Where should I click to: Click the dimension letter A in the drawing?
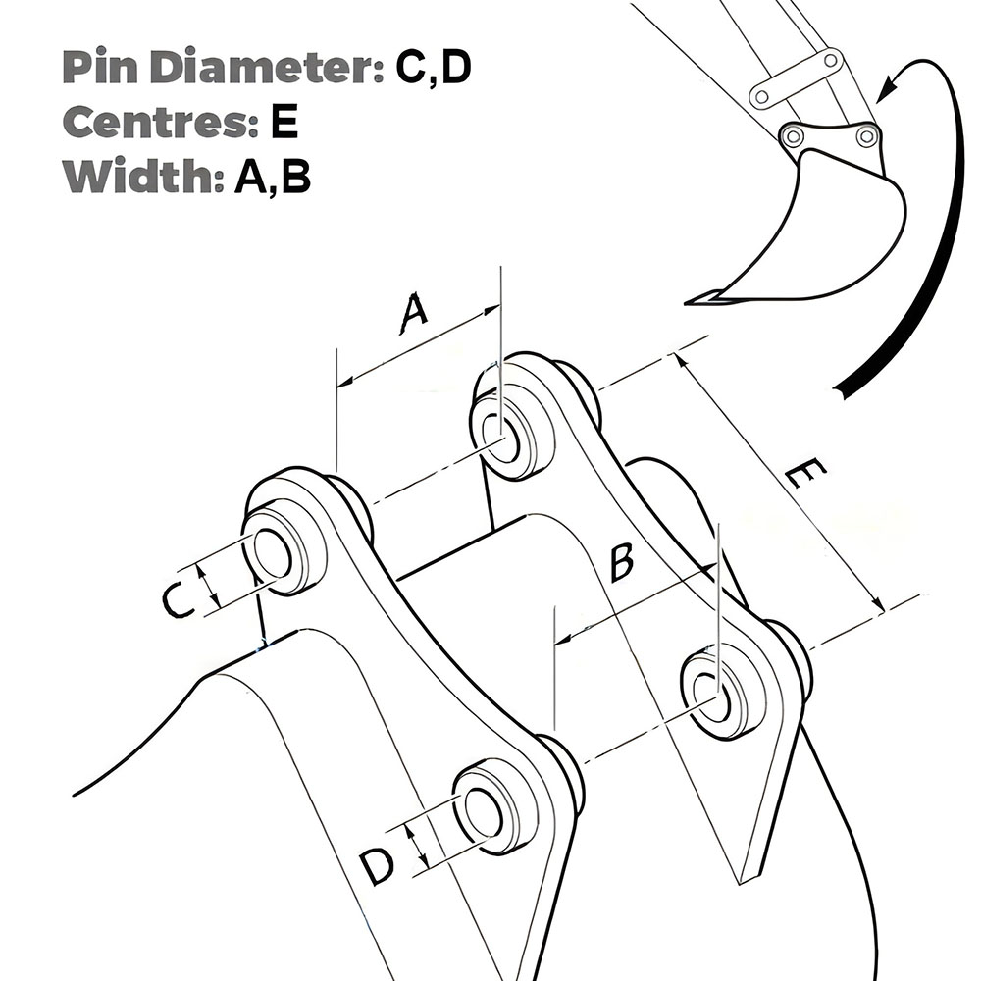(x=415, y=314)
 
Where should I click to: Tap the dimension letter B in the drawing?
(x=620, y=563)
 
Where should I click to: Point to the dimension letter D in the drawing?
(x=376, y=865)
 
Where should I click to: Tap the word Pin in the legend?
(x=97, y=67)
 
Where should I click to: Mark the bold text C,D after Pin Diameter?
(x=434, y=67)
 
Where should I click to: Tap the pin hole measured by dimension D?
(x=484, y=810)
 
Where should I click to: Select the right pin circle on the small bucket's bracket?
(x=865, y=136)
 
